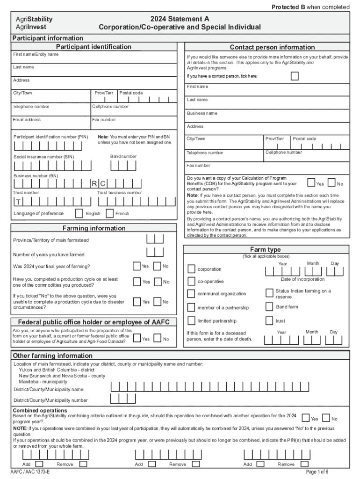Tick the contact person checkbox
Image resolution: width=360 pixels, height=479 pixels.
coord(295,76)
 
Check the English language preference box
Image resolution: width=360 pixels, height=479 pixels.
coord(79,213)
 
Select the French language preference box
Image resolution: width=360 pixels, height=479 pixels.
coord(109,213)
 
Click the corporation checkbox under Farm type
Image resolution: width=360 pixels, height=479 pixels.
coord(191,269)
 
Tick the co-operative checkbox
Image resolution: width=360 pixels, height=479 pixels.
coord(191,281)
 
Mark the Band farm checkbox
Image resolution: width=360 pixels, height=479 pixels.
coord(269,307)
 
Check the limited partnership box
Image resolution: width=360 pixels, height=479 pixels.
coord(191,321)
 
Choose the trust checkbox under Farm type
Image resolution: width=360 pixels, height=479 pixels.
coord(269,321)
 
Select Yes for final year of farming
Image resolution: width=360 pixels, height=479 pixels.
coord(137,266)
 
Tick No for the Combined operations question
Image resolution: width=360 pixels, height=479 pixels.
coord(326,418)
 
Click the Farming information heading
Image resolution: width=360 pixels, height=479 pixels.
coord(94,228)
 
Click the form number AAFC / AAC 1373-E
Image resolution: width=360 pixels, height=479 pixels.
coord(30,472)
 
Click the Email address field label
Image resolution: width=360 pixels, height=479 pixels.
coord(27,120)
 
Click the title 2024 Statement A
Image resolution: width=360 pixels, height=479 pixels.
coord(180,19)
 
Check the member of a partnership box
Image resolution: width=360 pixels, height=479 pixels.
coord(191,307)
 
